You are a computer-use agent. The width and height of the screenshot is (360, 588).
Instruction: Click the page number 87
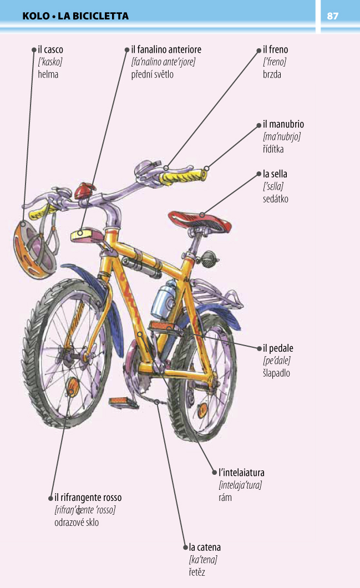[333, 16]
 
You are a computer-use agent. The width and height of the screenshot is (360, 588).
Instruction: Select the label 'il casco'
[50, 49]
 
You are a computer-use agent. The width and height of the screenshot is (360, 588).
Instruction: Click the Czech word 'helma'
[48, 74]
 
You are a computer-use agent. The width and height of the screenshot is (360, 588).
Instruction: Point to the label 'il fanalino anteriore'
[166, 49]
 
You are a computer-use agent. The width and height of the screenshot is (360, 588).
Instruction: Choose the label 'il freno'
[275, 49]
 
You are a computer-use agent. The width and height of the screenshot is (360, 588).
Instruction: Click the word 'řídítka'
[273, 149]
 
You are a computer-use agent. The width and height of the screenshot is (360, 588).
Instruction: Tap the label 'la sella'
[275, 174]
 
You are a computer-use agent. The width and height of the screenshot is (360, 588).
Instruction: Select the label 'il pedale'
[278, 348]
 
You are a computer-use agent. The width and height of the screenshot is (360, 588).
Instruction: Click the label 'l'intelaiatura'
[241, 473]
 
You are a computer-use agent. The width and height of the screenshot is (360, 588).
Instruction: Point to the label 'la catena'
[205, 547]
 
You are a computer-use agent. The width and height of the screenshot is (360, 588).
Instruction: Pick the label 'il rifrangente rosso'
[88, 498]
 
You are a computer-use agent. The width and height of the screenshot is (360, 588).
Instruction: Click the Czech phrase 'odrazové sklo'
[77, 523]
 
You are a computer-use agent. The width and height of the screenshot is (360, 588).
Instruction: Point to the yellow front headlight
[87, 235]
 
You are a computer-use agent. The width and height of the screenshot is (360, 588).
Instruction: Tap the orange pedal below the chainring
[124, 403]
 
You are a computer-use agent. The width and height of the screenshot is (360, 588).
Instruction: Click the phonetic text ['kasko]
[50, 62]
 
